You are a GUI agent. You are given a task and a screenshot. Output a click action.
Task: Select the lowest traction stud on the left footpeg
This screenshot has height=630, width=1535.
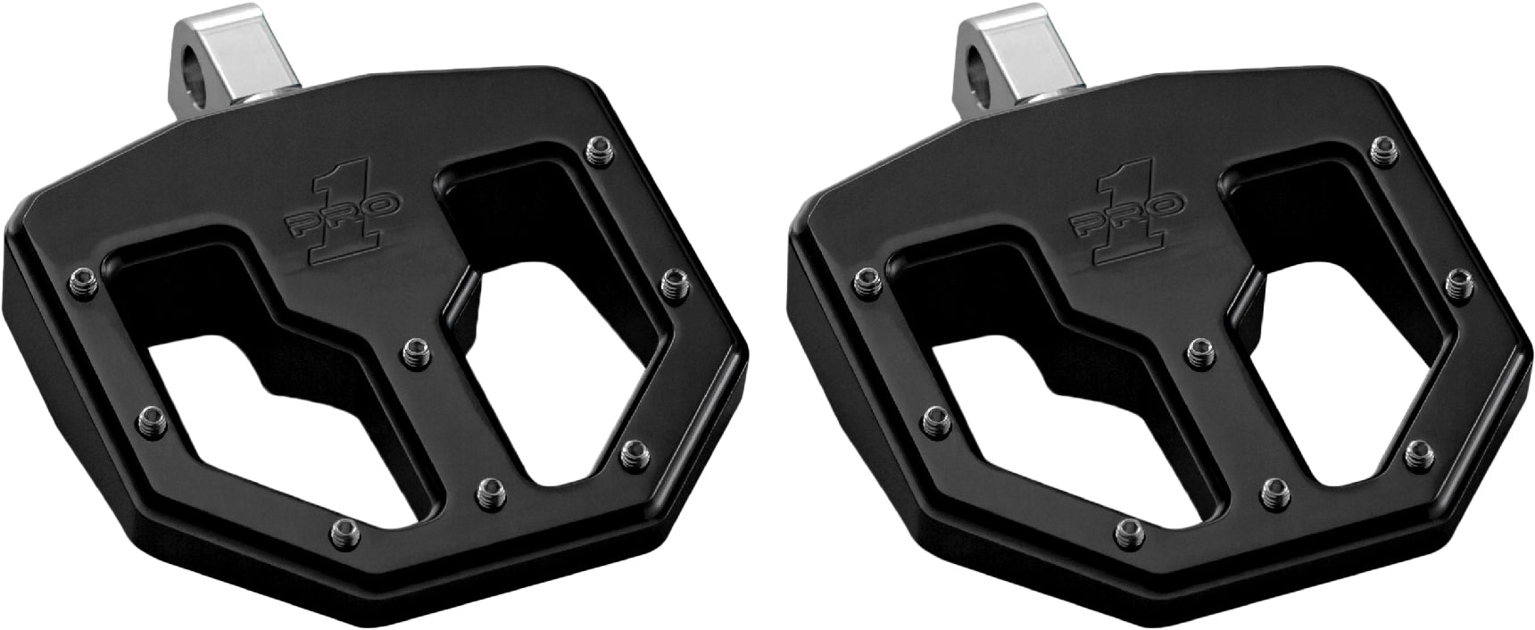344,528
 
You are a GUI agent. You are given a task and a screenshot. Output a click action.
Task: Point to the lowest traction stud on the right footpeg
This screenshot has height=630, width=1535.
1131,528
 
